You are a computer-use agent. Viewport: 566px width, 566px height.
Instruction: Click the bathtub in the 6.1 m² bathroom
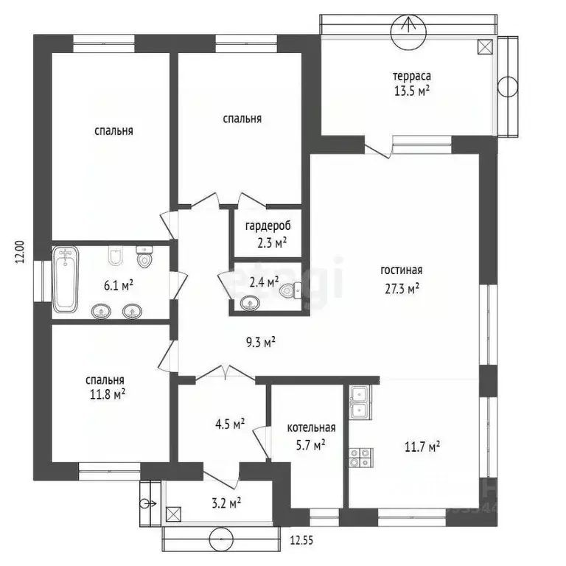click(66, 280)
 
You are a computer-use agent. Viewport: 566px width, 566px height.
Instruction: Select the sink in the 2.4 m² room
click(249, 302)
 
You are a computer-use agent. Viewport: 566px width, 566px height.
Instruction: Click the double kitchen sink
click(360, 402)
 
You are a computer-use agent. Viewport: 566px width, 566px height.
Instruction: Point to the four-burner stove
click(360, 457)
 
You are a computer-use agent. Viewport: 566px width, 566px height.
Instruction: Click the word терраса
click(411, 76)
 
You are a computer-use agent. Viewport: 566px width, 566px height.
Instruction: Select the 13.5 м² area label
click(411, 91)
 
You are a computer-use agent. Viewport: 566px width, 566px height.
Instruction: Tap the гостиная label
click(401, 270)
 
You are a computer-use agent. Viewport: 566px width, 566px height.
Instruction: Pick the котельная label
click(311, 427)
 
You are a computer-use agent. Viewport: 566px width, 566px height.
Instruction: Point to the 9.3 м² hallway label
click(261, 341)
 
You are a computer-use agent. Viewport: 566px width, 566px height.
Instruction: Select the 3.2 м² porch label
click(226, 503)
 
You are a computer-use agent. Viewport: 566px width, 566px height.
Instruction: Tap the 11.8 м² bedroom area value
click(105, 395)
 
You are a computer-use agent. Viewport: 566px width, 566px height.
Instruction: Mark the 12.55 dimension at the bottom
click(301, 540)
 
